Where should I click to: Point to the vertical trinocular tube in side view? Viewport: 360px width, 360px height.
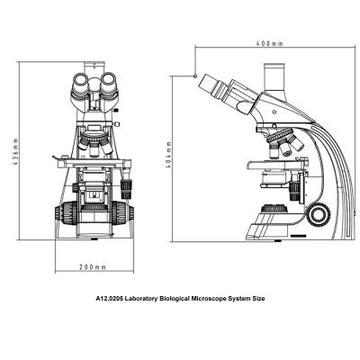274,77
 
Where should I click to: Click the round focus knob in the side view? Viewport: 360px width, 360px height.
317,214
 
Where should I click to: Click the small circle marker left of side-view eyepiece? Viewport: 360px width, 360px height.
196,77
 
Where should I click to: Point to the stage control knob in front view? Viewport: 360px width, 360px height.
127,189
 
